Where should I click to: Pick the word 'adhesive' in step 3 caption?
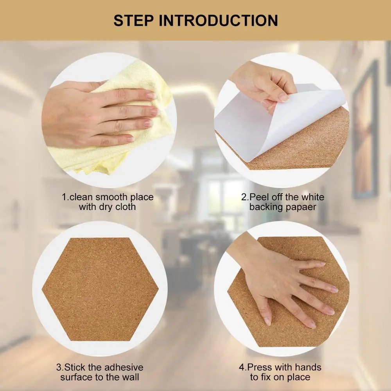point(124,368)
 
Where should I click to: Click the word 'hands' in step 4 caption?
point(308,368)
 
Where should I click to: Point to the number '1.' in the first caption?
point(65,197)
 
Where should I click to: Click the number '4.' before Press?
point(243,368)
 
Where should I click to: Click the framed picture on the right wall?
point(365,129)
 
